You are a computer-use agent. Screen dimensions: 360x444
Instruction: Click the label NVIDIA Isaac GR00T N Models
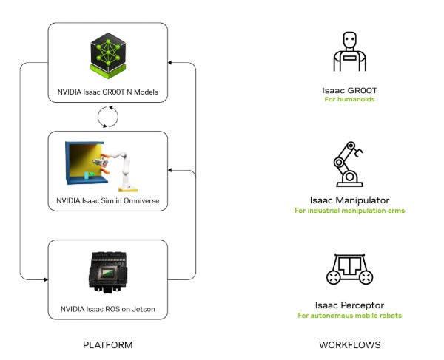pos(108,92)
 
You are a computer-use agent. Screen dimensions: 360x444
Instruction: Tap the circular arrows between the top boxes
pos(108,116)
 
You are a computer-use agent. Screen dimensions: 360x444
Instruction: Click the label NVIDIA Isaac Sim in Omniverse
pos(108,201)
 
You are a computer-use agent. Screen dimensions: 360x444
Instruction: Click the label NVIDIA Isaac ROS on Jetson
pos(108,307)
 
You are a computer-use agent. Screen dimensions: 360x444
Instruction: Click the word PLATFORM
pos(108,345)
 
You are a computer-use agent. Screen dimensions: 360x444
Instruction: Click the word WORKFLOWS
pos(350,345)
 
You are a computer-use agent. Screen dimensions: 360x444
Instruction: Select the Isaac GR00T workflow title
pos(350,89)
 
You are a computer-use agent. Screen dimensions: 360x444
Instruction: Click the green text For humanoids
pos(350,99)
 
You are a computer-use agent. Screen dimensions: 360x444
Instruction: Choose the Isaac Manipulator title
pos(350,200)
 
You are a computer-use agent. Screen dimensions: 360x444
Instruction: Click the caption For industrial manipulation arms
pos(350,211)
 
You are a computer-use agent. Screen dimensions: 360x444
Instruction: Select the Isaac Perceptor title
pos(350,305)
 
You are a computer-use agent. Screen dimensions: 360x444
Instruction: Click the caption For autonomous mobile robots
pos(350,316)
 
